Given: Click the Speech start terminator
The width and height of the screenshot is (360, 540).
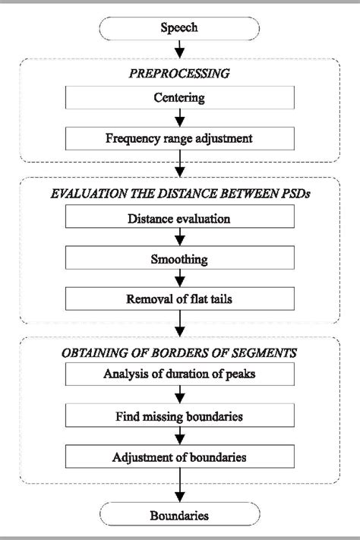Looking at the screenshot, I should coord(180,29).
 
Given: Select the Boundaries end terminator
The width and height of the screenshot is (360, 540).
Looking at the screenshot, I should coord(180,516).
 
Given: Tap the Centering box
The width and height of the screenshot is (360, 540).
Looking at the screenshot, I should coord(180,99).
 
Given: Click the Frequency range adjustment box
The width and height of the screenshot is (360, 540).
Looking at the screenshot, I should coord(180,139).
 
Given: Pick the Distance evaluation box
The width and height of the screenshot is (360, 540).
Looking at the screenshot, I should coord(180,219).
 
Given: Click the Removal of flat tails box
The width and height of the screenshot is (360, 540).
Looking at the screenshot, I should coord(180,298).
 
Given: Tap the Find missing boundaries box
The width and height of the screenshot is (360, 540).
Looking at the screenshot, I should coord(180,416).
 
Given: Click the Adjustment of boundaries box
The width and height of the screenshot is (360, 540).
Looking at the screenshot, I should coord(180,456).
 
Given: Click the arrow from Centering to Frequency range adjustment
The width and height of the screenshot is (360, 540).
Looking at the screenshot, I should coord(180,118).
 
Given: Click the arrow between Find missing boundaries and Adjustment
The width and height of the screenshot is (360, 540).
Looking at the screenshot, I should coord(180,437).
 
